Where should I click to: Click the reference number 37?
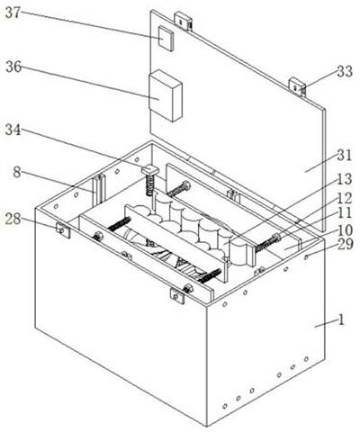[13, 13]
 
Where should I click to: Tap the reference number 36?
[13, 67]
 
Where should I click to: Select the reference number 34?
[13, 130]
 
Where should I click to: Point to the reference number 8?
[17, 173]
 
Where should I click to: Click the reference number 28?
[13, 219]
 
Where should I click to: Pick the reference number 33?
[345, 72]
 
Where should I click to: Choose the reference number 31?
[344, 156]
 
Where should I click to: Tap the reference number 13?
[344, 179]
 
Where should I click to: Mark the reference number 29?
[345, 245]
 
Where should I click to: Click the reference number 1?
[341, 320]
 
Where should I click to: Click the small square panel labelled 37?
[166, 38]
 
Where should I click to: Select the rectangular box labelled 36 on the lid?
[166, 95]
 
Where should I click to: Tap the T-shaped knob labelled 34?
[150, 172]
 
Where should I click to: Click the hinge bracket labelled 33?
[297, 87]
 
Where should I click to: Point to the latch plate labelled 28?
[63, 230]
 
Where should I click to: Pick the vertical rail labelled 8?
[99, 191]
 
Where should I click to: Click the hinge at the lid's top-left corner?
[184, 21]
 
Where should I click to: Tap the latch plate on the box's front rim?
[177, 295]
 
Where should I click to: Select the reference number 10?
[344, 230]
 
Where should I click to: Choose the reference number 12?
[344, 198]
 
